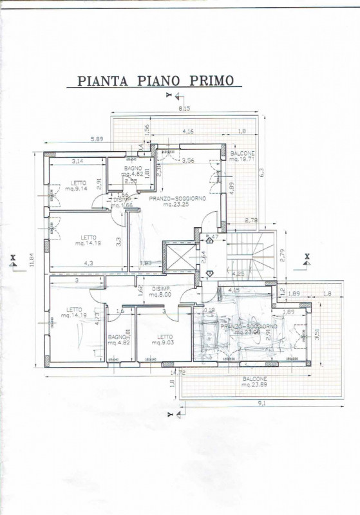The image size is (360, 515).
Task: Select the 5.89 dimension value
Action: point(97,139)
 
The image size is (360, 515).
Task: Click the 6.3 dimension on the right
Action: point(261,172)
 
